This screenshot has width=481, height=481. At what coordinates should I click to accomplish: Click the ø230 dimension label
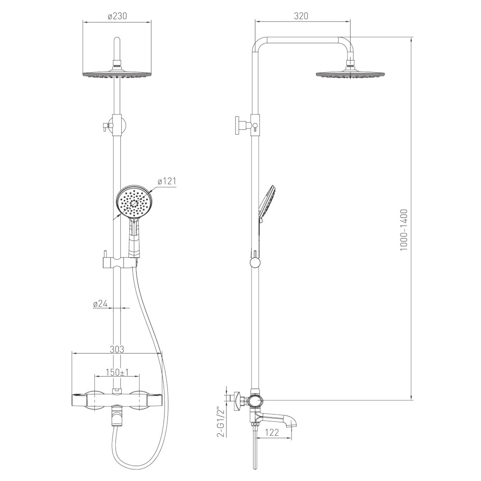[117, 16]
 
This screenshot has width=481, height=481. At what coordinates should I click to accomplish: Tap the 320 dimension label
[301, 16]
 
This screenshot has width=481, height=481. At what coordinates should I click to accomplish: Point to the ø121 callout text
[167, 181]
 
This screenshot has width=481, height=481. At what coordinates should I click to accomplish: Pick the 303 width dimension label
[116, 349]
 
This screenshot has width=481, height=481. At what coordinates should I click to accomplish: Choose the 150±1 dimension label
[117, 372]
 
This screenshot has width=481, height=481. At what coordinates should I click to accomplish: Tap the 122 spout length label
[271, 432]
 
